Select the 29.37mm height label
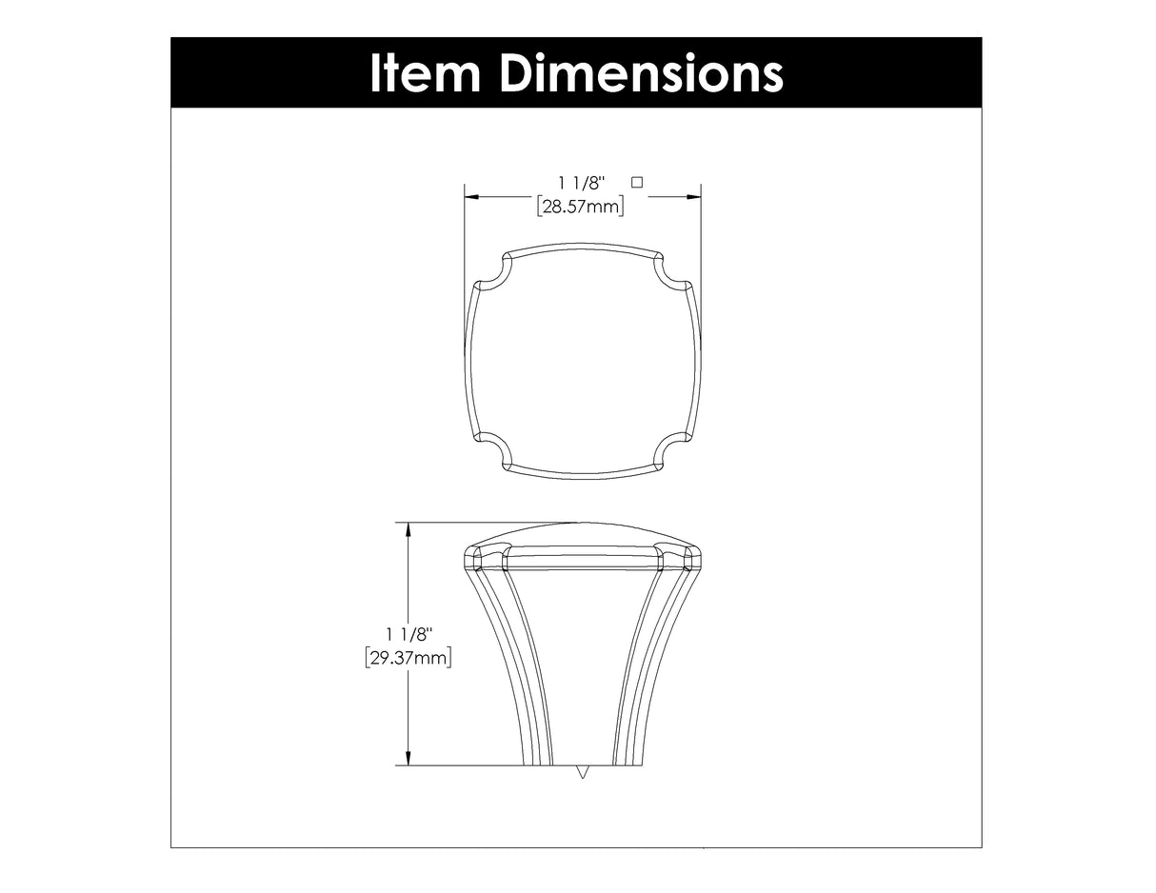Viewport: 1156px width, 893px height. pyautogui.click(x=408, y=657)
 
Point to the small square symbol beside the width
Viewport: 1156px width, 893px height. pyautogui.click(x=637, y=180)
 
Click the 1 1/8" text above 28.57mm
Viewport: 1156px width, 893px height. pyautogui.click(x=582, y=182)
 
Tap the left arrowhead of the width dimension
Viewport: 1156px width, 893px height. pyautogui.click(x=470, y=197)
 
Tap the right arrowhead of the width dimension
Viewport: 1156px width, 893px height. pyautogui.click(x=695, y=197)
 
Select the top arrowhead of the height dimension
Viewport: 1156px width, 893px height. pyautogui.click(x=409, y=528)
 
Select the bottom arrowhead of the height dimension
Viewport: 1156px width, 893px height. pyautogui.click(x=409, y=759)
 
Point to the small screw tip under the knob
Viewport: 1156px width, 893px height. pyautogui.click(x=583, y=772)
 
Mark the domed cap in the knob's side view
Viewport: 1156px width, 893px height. pyautogui.click(x=582, y=543)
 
